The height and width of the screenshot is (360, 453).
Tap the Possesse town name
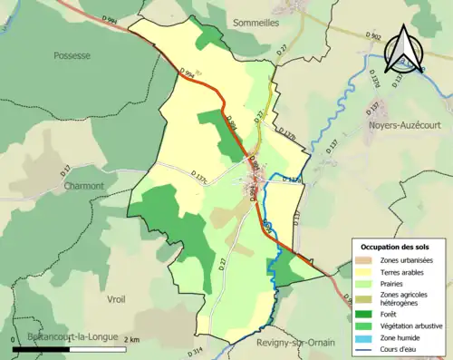pyautogui.click(x=72, y=55)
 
